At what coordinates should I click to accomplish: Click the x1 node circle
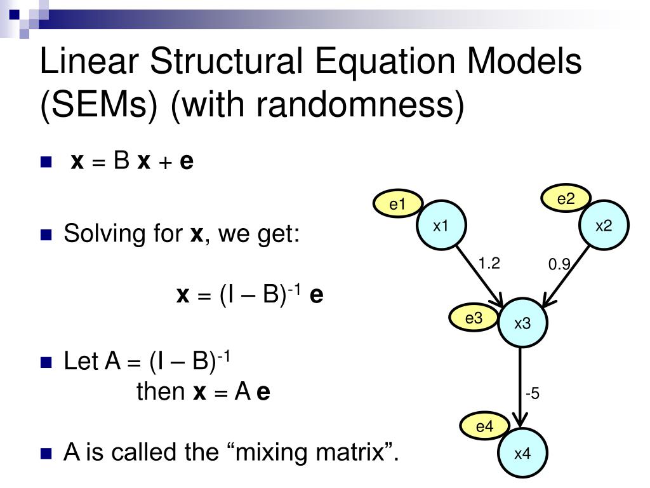pos(441,226)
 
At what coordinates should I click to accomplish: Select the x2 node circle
pos(604,226)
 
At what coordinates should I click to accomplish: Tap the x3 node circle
pos(522,323)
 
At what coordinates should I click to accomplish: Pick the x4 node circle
pos(522,454)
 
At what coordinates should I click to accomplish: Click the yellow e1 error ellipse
pos(397,204)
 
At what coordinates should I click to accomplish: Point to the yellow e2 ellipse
pos(566,199)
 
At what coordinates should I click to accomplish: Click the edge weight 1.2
pos(489,263)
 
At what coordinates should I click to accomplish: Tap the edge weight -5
pos(532,394)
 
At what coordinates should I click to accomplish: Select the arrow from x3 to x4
pos(521,388)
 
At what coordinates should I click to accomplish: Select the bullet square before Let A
pos(45,363)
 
